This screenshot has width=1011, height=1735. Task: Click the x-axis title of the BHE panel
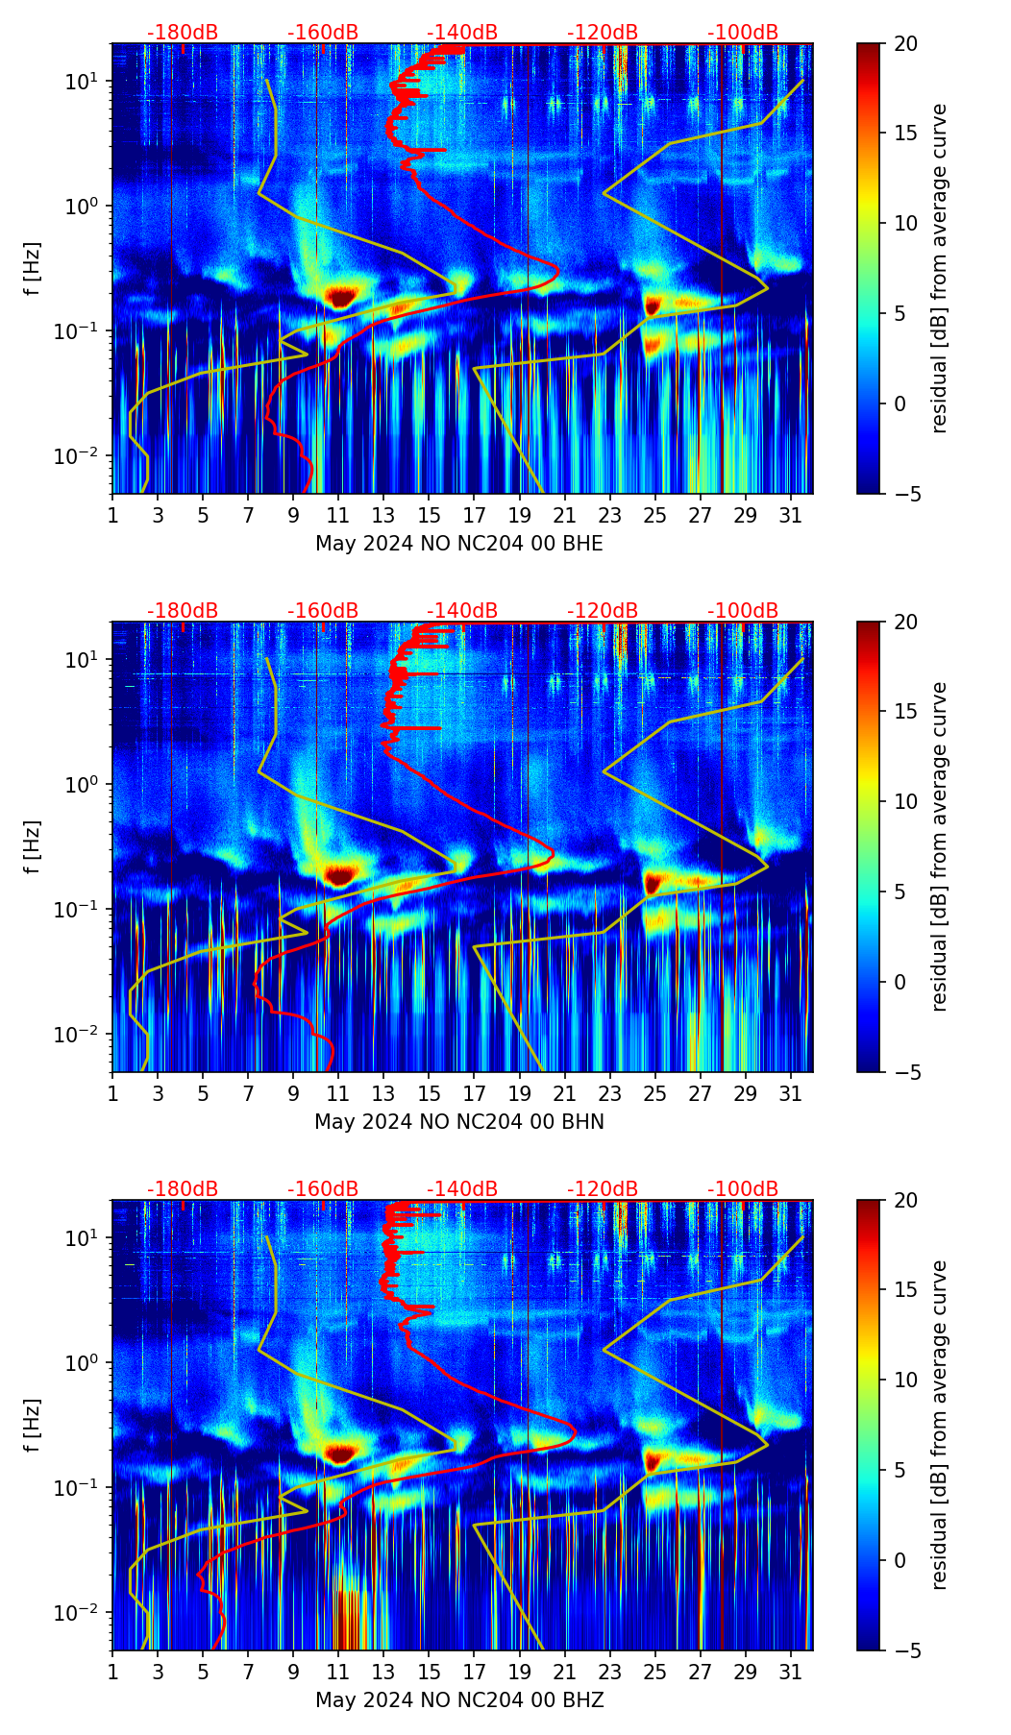[x=459, y=544]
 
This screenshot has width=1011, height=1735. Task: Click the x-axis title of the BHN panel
[x=459, y=1122]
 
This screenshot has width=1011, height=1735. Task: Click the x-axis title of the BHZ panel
[x=459, y=1700]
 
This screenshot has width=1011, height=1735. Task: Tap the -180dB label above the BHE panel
[x=183, y=33]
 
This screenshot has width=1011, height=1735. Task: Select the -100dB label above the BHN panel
[x=743, y=611]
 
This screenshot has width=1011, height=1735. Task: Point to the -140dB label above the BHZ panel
[x=462, y=1189]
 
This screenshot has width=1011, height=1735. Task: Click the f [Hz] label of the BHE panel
[x=35, y=269]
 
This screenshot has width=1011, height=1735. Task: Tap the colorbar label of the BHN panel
[x=939, y=846]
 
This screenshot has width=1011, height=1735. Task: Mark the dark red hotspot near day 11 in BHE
[x=340, y=296]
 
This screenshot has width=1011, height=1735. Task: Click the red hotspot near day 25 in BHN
[x=654, y=882]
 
